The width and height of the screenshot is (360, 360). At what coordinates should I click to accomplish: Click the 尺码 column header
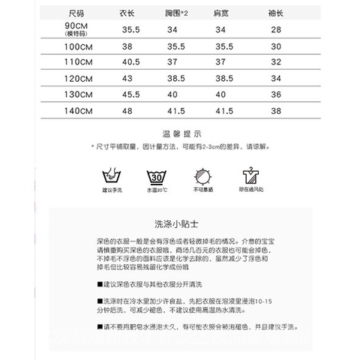click(x=76, y=14)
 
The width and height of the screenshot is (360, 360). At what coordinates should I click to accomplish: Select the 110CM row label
click(x=77, y=61)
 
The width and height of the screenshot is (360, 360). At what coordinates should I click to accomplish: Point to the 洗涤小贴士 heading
click(x=179, y=223)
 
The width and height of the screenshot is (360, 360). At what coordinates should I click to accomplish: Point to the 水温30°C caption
click(x=157, y=193)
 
